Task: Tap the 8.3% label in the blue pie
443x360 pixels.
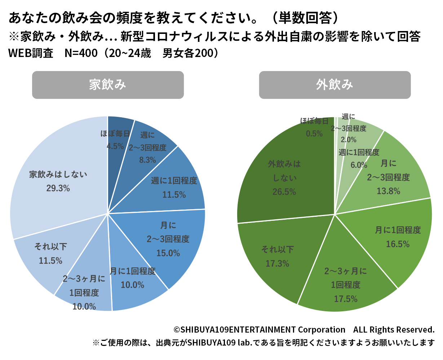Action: point(148,160)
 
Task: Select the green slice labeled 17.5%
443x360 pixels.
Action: point(346,285)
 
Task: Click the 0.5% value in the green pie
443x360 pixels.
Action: point(314,134)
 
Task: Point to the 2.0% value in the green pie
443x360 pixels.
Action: point(349,140)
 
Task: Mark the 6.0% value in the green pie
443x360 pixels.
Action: point(359,165)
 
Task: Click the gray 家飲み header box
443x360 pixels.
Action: point(108,85)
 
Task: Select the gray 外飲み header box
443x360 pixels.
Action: point(335,85)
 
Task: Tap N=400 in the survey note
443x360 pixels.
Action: point(81,53)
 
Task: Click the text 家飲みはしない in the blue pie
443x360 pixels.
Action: point(58,175)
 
